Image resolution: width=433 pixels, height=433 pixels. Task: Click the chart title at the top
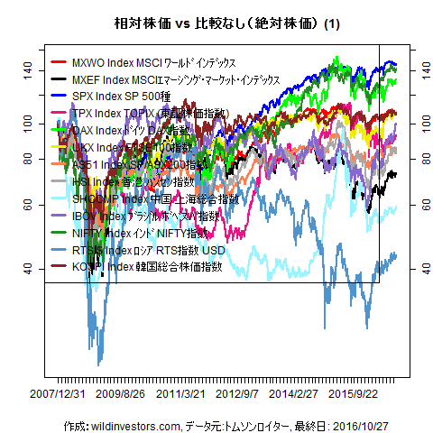pyautogui.click(x=216, y=23)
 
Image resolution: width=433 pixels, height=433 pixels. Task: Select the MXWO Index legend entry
pyautogui.click(x=153, y=63)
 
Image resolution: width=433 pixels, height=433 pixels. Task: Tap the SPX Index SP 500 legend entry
pyautogui.click(x=139, y=96)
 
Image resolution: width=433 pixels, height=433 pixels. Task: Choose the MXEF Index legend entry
pyautogui.click(x=175, y=79)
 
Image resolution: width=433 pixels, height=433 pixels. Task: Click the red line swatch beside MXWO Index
pyautogui.click(x=60, y=63)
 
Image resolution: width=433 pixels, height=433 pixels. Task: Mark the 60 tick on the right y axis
pyautogui.click(x=419, y=205)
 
